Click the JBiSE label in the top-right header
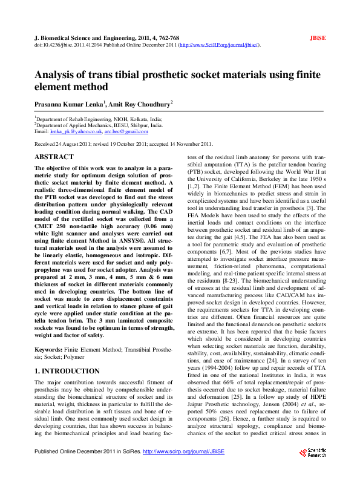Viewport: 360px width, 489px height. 318,38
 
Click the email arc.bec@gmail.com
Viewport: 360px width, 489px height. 126,131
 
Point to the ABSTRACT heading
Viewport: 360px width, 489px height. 54,156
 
